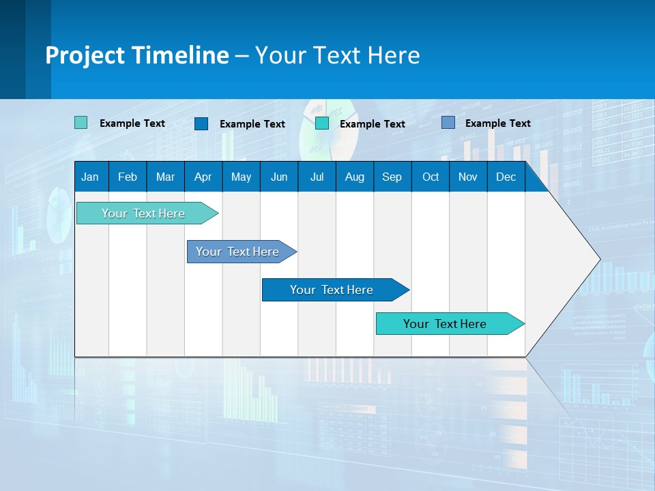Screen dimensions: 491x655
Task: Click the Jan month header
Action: click(x=91, y=177)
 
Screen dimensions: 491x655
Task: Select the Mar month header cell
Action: click(x=165, y=177)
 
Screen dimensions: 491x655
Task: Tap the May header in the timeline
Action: click(x=241, y=177)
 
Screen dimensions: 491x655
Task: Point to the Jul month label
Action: click(x=317, y=177)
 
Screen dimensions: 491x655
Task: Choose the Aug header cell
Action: click(x=354, y=177)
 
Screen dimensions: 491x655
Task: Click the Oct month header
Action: click(x=430, y=177)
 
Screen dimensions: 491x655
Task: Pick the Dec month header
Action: click(x=506, y=177)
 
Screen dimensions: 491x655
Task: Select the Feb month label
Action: click(x=128, y=177)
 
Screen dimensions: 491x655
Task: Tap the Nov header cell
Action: click(x=467, y=177)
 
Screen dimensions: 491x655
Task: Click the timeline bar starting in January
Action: click(x=143, y=213)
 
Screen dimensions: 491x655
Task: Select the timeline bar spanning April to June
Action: click(x=237, y=252)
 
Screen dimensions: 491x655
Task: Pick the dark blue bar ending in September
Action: click(x=332, y=290)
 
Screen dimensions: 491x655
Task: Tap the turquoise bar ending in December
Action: click(x=445, y=324)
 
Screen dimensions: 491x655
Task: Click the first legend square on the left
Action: click(x=81, y=123)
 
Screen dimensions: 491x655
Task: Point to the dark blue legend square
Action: click(x=201, y=123)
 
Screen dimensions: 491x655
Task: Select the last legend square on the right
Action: click(x=448, y=123)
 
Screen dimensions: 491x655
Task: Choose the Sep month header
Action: click(x=392, y=177)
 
